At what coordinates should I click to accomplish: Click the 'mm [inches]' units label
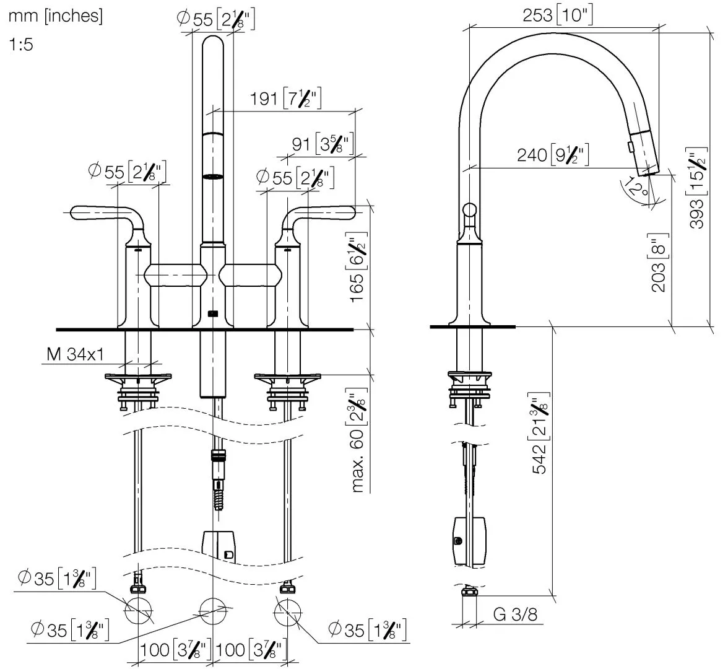pyautogui.click(x=55, y=16)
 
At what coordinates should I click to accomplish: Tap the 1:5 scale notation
pyautogui.click(x=21, y=46)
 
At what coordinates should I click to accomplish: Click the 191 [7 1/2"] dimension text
pyautogui.click(x=285, y=98)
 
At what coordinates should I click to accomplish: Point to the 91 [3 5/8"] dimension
pyautogui.click(x=320, y=144)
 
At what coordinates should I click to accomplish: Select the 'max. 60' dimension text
pyautogui.click(x=357, y=440)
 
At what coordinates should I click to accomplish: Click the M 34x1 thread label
pyautogui.click(x=75, y=354)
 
